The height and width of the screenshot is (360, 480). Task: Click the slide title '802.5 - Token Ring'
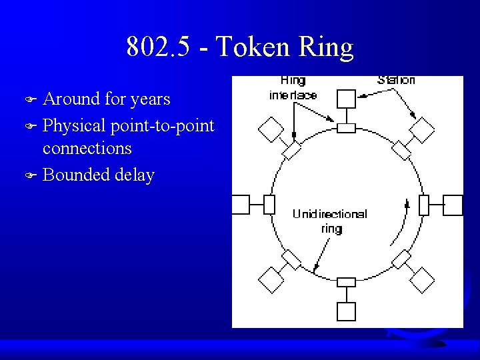[239, 47]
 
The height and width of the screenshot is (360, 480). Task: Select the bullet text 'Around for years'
[106, 99]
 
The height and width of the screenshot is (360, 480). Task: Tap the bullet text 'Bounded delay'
[98, 175]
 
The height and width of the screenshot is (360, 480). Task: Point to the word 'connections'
[87, 148]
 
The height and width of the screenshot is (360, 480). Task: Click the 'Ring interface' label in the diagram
[293, 87]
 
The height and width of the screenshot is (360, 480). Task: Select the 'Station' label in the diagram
[396, 80]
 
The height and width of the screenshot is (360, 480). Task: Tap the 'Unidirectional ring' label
[329, 221]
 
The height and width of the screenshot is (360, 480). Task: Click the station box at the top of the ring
[346, 99]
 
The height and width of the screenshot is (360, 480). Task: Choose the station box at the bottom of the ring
[346, 311]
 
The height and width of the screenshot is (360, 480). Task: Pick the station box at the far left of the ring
[240, 205]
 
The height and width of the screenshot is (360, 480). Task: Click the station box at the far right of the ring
[453, 205]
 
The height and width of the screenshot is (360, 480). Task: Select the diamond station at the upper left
[271, 129]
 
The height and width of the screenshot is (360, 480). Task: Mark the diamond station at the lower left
[271, 280]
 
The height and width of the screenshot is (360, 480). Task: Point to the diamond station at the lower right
[422, 280]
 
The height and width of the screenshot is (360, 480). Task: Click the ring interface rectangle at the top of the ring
[346, 127]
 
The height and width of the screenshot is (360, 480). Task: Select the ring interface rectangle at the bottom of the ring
[346, 282]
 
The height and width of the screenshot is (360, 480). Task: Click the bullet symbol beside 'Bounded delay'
[29, 176]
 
